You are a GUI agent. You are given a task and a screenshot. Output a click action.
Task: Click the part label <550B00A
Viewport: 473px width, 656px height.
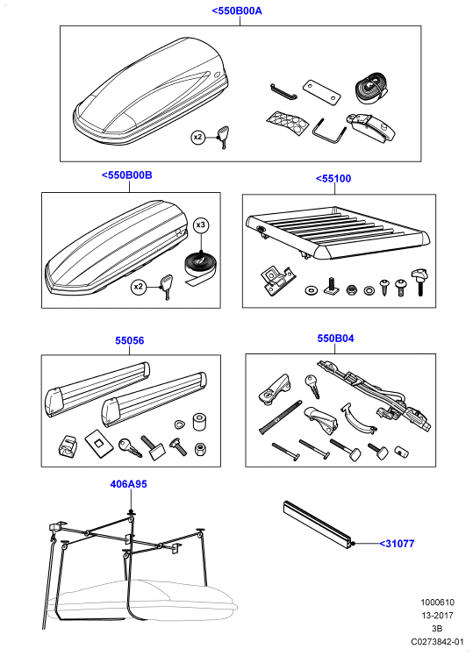(237, 11)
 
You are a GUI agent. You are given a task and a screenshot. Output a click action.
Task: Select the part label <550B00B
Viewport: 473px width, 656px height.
(127, 175)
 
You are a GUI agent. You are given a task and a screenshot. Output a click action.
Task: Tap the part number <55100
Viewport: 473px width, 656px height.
(333, 179)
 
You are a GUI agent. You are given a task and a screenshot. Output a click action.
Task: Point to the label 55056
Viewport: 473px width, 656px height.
(129, 340)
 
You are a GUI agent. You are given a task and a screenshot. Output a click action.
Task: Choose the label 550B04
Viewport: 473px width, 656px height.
(335, 338)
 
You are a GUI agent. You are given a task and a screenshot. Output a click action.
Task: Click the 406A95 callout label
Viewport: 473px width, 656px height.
(128, 484)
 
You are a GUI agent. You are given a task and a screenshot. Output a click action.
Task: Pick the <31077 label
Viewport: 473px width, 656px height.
(397, 544)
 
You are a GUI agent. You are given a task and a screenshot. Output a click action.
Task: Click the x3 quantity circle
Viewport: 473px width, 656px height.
(201, 225)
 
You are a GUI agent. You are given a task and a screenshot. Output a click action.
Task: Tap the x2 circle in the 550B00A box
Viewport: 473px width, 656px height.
(198, 137)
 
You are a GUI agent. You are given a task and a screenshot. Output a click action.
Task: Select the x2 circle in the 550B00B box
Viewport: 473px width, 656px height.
(138, 287)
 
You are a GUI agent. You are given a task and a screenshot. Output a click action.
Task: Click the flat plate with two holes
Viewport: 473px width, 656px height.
(321, 92)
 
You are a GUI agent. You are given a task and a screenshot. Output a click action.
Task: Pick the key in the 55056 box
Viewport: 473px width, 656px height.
(129, 447)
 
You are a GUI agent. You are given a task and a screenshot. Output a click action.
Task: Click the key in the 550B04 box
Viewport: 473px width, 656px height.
(312, 385)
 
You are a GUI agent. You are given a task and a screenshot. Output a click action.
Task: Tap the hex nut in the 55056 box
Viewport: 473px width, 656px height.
(200, 449)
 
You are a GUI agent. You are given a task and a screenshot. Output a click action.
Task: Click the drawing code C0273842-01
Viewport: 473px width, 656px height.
(437, 641)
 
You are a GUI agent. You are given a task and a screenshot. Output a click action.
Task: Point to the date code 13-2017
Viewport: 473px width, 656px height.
(437, 616)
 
